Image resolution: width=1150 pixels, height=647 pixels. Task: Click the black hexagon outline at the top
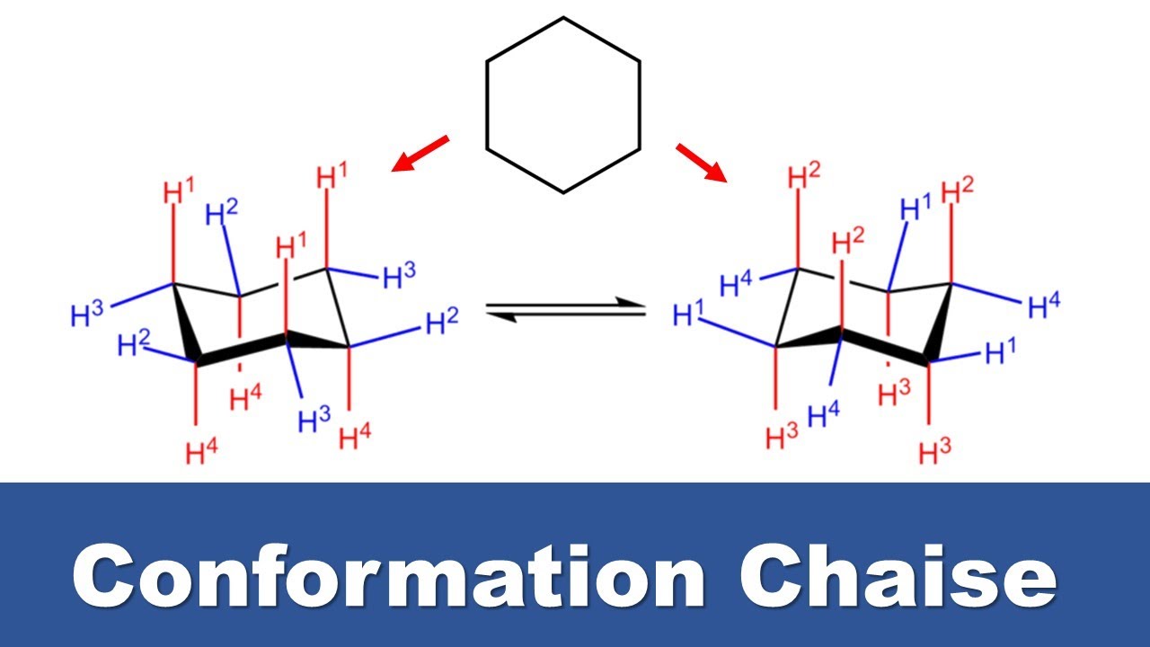click(487, 105)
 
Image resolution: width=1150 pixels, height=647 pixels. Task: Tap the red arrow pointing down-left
click(420, 153)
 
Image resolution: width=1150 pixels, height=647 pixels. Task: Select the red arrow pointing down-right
click(702, 163)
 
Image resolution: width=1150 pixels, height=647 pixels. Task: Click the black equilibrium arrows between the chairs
click(566, 310)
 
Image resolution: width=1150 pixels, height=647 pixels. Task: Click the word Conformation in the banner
click(389, 576)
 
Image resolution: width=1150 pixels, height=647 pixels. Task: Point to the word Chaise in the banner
click(898, 576)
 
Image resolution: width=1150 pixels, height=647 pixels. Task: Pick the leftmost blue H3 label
click(87, 314)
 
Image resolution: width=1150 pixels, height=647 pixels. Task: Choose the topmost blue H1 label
click(916, 207)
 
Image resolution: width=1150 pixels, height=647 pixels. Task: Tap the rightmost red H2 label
click(958, 191)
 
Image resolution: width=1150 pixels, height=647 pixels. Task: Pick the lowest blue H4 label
click(824, 413)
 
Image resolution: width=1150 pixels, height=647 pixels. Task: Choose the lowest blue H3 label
click(314, 419)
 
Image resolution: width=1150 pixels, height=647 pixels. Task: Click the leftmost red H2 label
click(804, 175)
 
